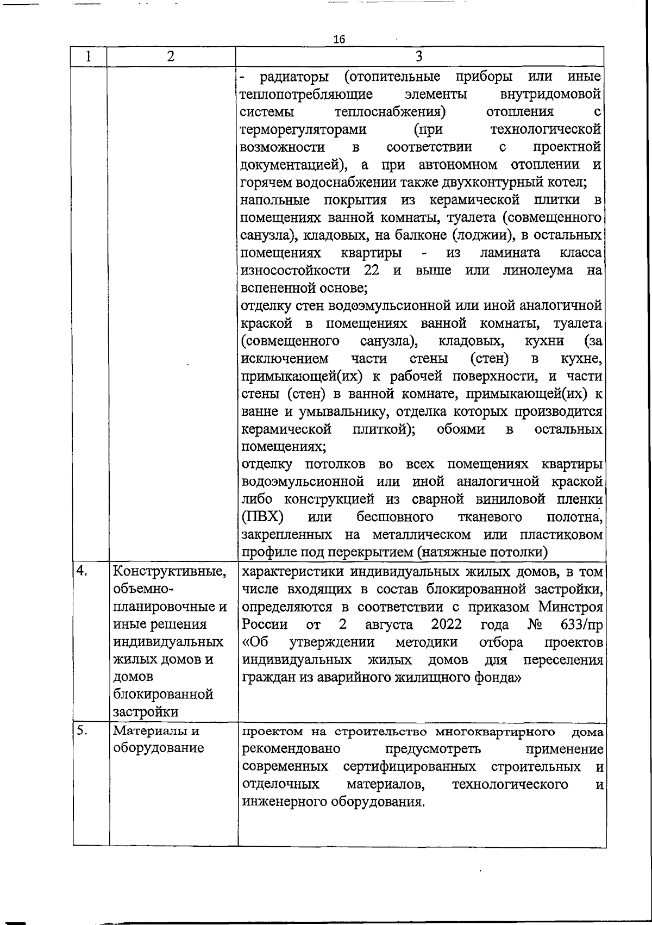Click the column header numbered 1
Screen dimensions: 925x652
(89, 57)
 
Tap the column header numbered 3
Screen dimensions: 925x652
(419, 57)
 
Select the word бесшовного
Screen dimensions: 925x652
(395, 516)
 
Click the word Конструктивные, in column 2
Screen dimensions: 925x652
(169, 572)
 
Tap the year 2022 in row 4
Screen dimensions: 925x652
(447, 624)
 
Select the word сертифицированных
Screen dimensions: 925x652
(410, 767)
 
